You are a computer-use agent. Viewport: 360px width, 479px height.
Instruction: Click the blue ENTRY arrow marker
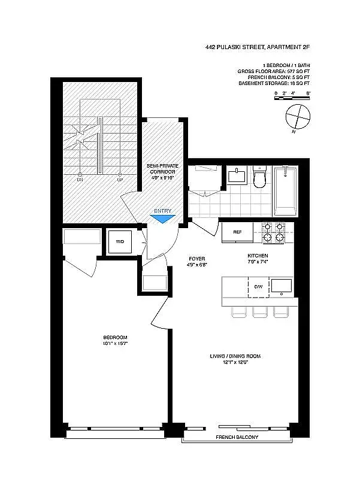click(x=162, y=219)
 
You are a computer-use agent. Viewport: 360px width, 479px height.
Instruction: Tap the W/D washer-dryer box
click(x=119, y=242)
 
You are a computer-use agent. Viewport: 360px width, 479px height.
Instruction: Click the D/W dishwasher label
click(x=258, y=287)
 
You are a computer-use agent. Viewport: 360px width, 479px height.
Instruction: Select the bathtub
click(x=286, y=190)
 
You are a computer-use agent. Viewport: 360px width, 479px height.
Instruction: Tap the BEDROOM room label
click(x=115, y=337)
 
